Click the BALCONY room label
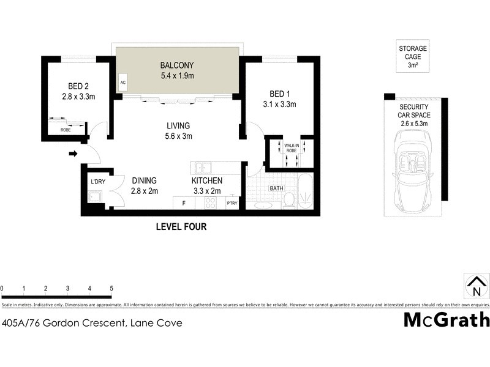point(176,65)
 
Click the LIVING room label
point(178,126)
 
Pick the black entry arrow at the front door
point(73,154)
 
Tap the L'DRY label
point(98,182)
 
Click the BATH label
point(276,188)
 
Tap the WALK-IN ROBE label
point(291,147)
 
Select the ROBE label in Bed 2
point(65,130)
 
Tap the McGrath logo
point(447,320)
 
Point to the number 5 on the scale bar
point(111,288)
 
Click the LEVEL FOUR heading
point(181,227)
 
